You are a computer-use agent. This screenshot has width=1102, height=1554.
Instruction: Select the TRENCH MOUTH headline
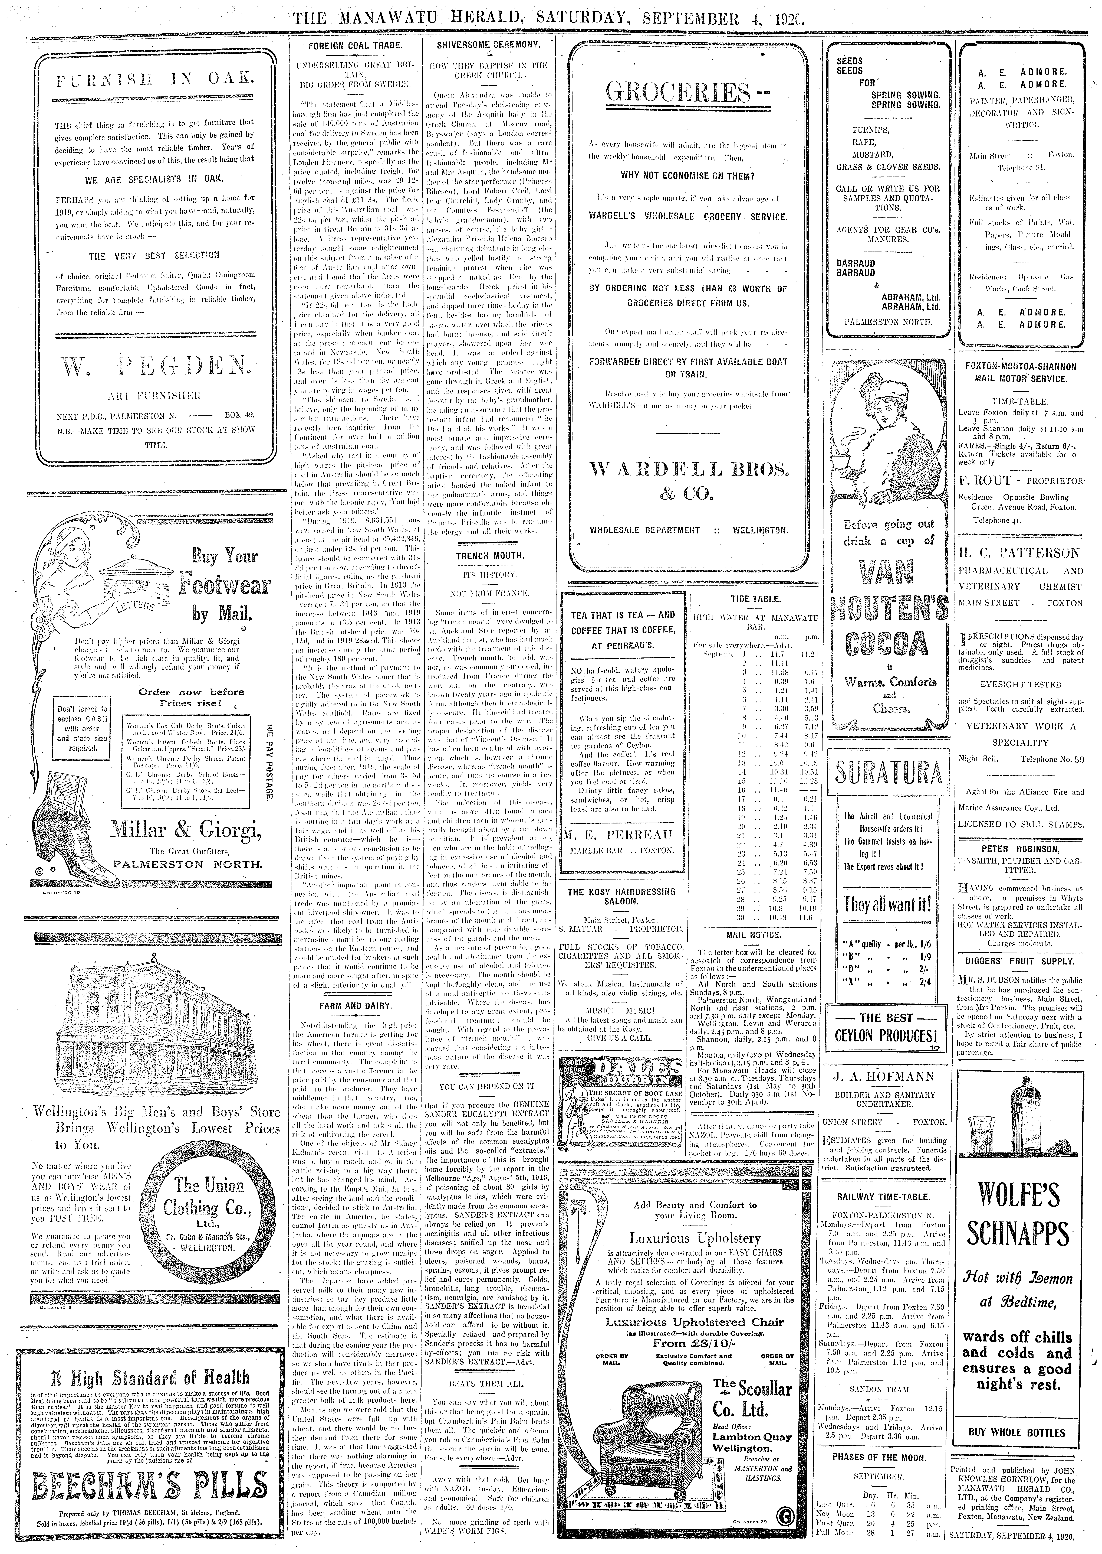click(489, 555)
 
